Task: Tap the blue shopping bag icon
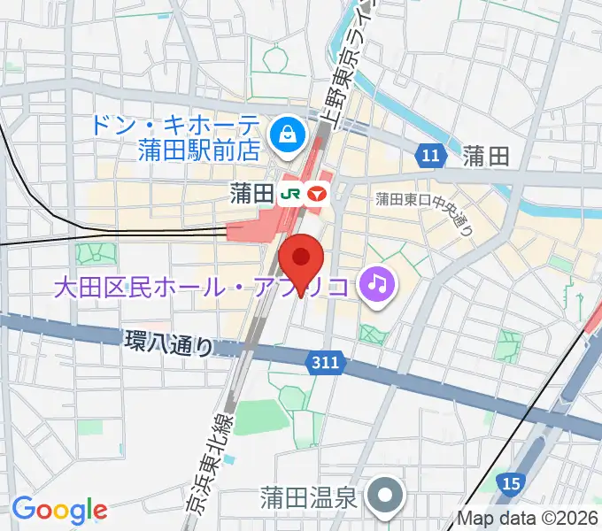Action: tap(289, 135)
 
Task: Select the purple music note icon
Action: tap(378, 284)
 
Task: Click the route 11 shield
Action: tap(429, 157)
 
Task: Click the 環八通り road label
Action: tap(169, 342)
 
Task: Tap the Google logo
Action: tap(58, 510)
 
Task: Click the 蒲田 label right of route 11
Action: tap(486, 157)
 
